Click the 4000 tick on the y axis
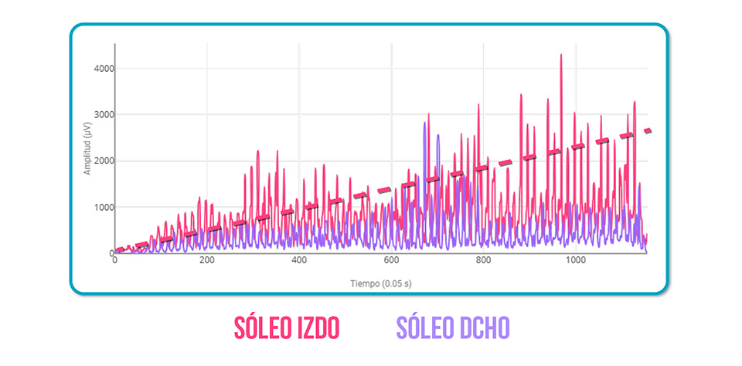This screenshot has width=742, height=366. coord(103,69)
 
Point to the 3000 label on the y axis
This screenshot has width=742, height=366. coord(103,115)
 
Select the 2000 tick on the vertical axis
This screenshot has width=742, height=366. coord(103,161)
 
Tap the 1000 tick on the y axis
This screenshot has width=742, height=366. coord(103,208)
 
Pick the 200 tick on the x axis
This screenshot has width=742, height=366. coord(207,261)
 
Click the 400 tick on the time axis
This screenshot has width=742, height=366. coord(299,261)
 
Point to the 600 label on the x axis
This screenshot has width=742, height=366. coord(391,261)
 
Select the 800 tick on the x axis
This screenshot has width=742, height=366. coord(484,261)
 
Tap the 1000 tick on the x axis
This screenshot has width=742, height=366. coord(576,261)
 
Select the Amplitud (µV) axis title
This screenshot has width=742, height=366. coord(88,145)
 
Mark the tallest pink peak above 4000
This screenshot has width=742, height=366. coord(561,55)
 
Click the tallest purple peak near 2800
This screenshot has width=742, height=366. coord(425,123)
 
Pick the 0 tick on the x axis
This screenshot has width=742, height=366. coord(115,261)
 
